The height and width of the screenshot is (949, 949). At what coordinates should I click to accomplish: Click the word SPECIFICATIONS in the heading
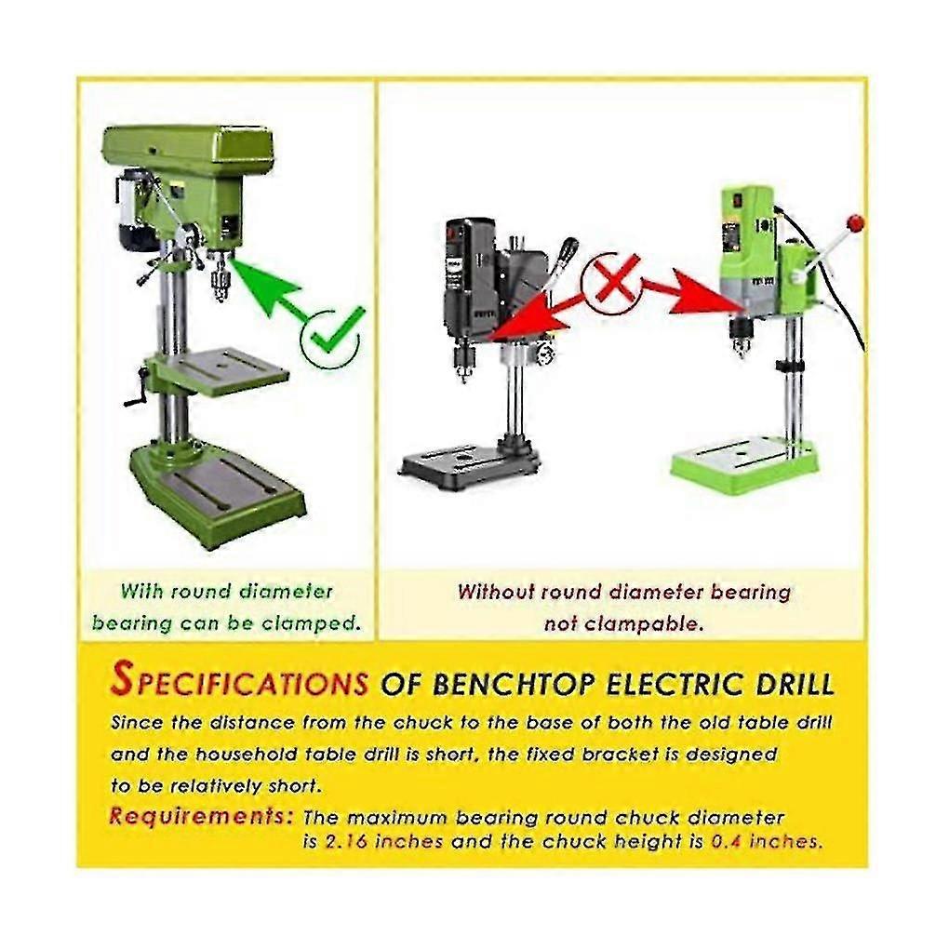(240, 680)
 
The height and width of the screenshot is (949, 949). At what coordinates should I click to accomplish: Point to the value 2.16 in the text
(346, 842)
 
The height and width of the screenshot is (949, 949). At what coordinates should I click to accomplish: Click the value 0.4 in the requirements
(726, 842)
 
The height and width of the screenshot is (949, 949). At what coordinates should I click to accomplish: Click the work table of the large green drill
(225, 370)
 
